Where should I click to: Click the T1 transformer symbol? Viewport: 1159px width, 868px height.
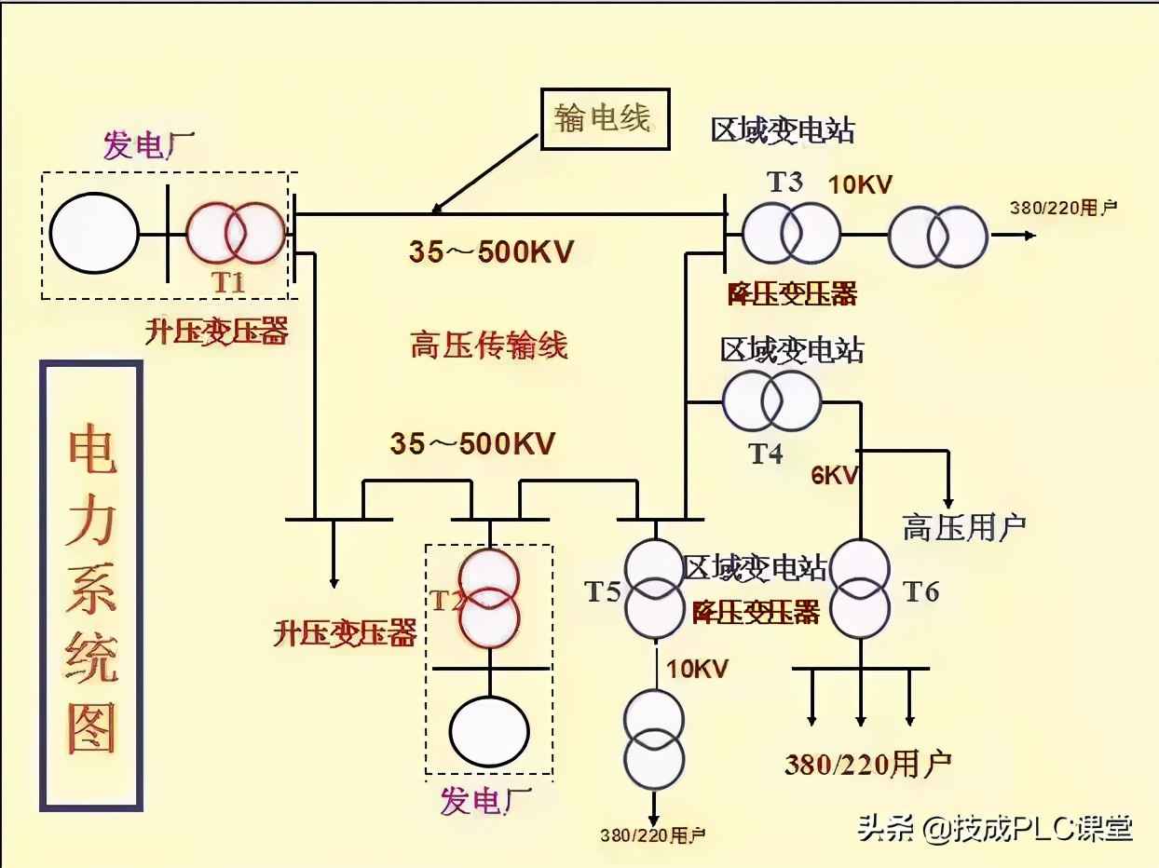pyautogui.click(x=235, y=233)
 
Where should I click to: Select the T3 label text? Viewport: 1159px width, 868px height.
pyautogui.click(x=784, y=182)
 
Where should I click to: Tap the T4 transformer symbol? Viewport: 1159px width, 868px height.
pyautogui.click(x=771, y=400)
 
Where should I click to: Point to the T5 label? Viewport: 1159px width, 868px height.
pyautogui.click(x=603, y=590)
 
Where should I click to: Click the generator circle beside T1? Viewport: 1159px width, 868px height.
pyautogui.click(x=94, y=233)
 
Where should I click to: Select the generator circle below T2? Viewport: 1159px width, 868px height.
pyautogui.click(x=489, y=728)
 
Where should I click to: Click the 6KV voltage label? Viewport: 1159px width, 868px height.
pyautogui.click(x=834, y=475)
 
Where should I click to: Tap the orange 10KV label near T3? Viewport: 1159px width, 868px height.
pyautogui.click(x=861, y=184)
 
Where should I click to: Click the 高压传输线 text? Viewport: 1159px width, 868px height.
pyautogui.click(x=489, y=346)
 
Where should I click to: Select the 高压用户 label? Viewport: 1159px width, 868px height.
pyautogui.click(x=963, y=527)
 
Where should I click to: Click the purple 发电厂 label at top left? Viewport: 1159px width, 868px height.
pyautogui.click(x=144, y=146)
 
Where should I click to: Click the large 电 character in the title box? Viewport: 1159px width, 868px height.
pyautogui.click(x=91, y=454)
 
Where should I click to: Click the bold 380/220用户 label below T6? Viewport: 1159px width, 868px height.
pyautogui.click(x=867, y=765)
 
